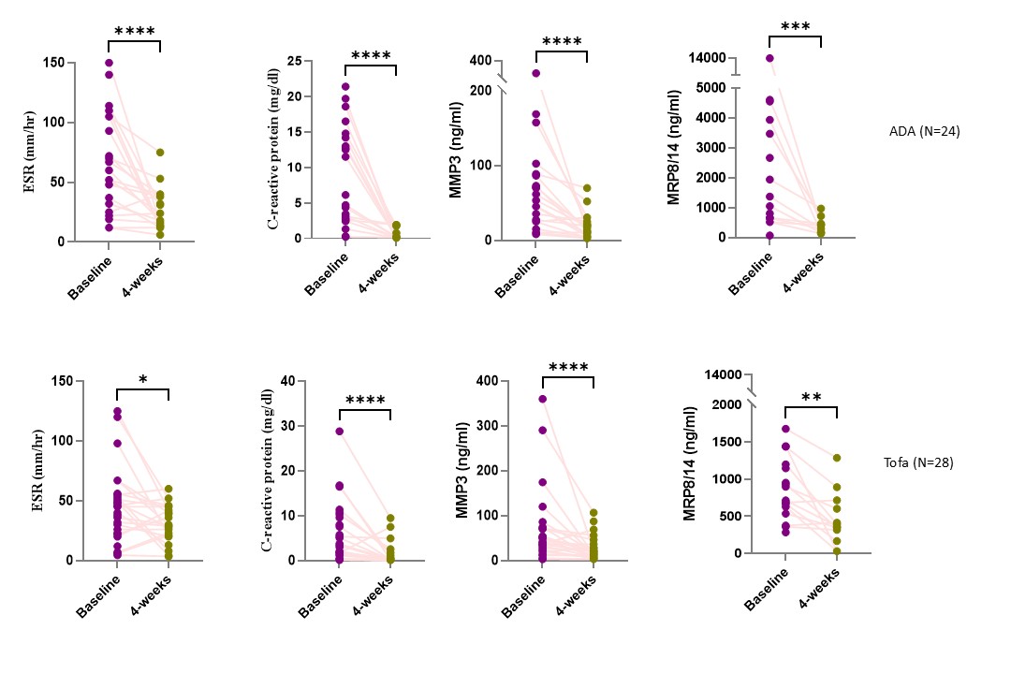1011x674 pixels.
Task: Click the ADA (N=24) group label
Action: [925, 131]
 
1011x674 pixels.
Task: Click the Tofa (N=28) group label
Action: [919, 462]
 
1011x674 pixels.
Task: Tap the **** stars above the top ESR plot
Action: [136, 32]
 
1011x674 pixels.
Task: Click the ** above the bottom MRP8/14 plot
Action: [812, 397]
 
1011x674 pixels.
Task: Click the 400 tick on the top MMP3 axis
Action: [480, 61]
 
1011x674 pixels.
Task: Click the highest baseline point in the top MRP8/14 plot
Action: [769, 58]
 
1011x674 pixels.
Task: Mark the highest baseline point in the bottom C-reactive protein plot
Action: [340, 432]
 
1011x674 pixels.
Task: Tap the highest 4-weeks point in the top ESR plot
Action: [160, 153]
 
